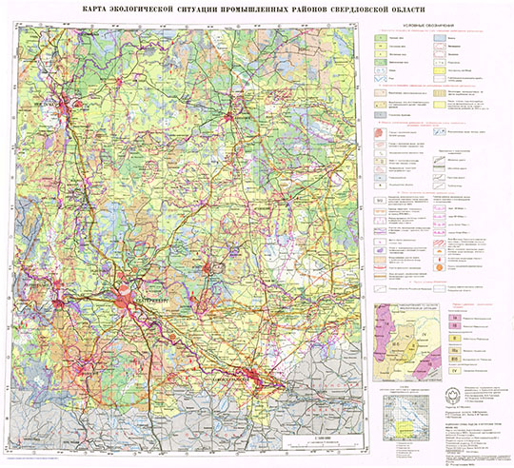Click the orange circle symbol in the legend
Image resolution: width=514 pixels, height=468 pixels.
tap(439, 268)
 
